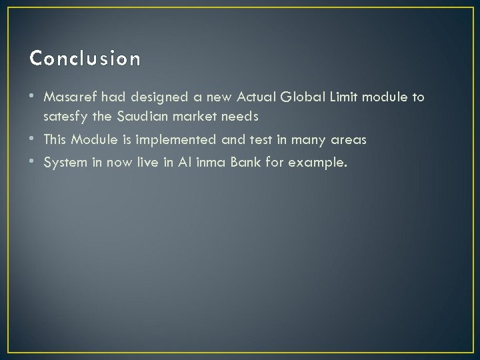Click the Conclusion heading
(85, 59)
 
